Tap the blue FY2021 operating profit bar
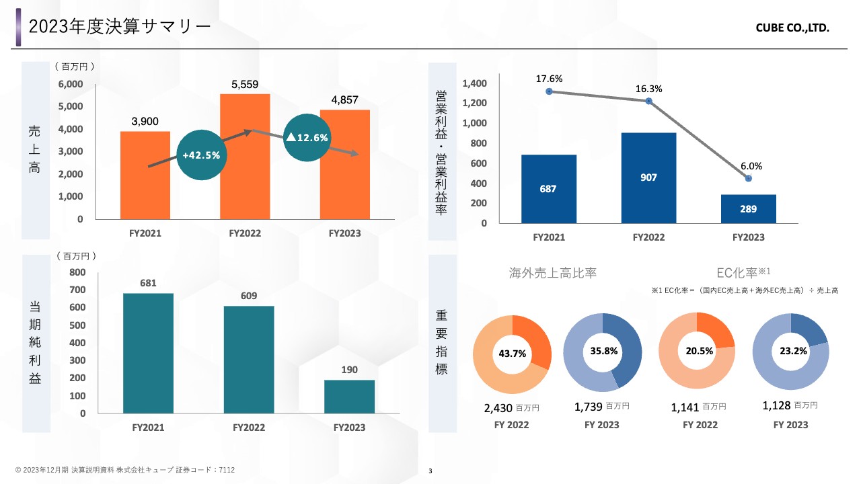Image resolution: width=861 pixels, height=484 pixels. click(548, 189)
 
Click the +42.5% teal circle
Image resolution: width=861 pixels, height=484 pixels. click(201, 155)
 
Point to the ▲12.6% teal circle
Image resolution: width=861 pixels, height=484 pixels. click(307, 137)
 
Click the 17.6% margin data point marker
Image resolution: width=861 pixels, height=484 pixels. click(549, 91)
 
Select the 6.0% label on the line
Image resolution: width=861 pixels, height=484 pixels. click(751, 166)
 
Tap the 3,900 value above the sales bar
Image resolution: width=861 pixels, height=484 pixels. click(145, 122)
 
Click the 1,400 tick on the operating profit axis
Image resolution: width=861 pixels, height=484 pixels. click(474, 83)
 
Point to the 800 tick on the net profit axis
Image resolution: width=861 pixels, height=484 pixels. click(77, 272)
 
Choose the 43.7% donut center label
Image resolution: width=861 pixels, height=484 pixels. click(512, 353)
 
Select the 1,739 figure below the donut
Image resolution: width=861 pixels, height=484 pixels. click(589, 407)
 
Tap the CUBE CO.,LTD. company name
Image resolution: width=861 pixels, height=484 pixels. click(792, 29)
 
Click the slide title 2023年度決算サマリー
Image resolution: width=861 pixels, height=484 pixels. click(120, 27)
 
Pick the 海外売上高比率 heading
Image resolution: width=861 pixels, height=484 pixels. click(553, 273)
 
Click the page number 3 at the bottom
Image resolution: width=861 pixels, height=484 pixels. click(430, 471)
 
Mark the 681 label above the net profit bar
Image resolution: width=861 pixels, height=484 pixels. click(148, 283)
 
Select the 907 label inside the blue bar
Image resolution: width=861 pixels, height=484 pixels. click(648, 177)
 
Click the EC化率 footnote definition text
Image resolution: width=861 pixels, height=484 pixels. click(745, 290)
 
